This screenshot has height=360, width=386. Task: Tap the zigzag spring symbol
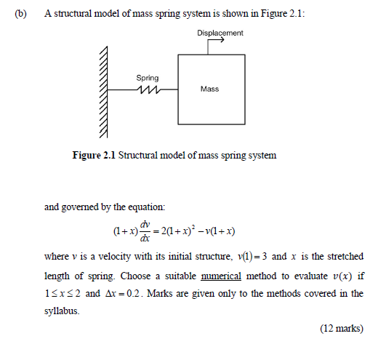148,89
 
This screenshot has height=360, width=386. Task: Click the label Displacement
220,33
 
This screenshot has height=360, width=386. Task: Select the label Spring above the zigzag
148,77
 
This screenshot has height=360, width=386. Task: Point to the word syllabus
62,311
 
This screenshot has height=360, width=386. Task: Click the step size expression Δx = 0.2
133,294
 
